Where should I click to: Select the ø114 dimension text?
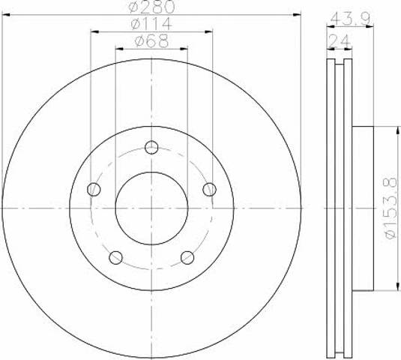(x=151, y=24)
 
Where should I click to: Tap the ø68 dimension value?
(x=151, y=41)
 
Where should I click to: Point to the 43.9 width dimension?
(x=350, y=19)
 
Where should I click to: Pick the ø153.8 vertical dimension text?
(x=391, y=208)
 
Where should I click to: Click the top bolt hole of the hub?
(x=151, y=148)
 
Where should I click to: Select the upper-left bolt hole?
(x=94, y=189)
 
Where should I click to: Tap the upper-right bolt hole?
(x=209, y=189)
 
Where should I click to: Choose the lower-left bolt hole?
(x=115, y=257)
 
